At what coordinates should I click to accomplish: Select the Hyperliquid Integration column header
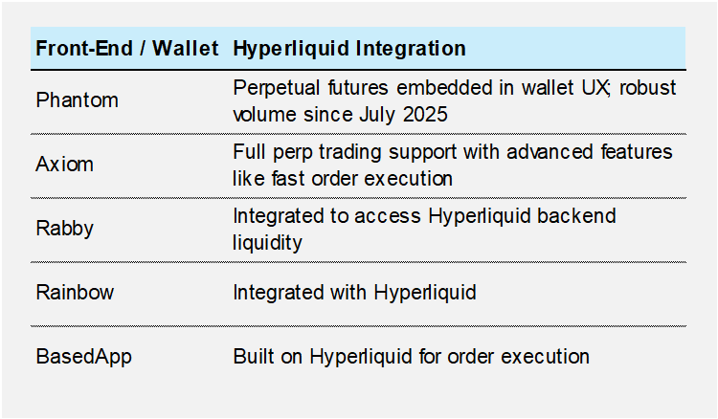[x=349, y=48]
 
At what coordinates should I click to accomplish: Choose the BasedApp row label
[x=83, y=357]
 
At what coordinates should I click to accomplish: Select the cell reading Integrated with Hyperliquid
[x=353, y=293]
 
